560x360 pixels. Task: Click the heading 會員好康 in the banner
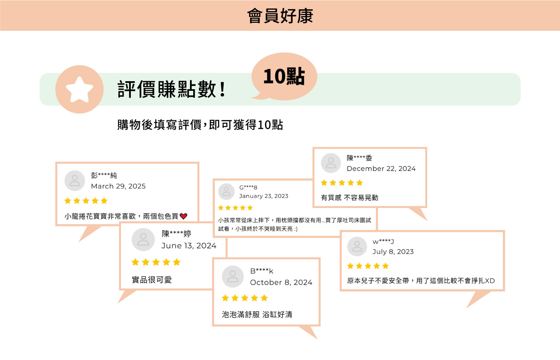280,16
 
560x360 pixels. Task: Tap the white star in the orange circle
79,89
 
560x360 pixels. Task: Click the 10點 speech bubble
284,76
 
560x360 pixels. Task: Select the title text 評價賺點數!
172,89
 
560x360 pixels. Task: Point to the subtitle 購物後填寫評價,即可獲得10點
200,125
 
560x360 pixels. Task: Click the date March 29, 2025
118,186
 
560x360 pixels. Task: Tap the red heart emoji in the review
184,216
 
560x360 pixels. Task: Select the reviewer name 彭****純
104,175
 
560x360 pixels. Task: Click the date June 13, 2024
189,246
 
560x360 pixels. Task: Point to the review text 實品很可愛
152,280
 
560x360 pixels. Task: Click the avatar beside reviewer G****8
226,192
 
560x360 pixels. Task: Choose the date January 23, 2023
264,196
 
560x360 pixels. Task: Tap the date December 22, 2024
381,169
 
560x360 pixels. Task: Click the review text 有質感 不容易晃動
350,198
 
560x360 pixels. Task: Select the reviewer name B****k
262,271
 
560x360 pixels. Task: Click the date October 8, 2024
281,282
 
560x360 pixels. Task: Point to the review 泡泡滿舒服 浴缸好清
257,314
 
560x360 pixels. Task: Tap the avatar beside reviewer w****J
357,246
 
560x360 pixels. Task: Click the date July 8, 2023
393,252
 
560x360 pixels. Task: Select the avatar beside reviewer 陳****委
331,163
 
